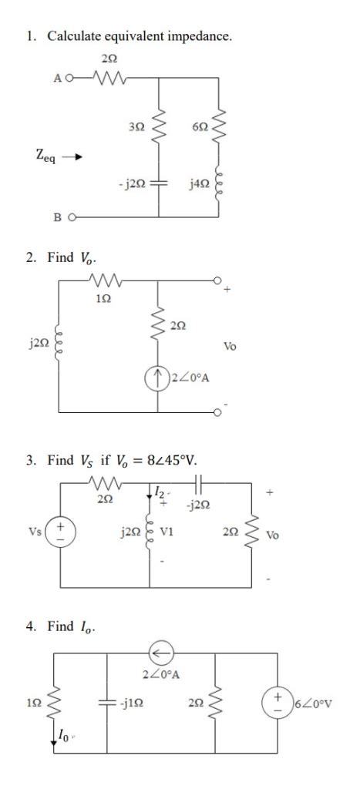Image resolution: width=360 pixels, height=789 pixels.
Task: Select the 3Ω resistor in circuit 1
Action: click(x=161, y=119)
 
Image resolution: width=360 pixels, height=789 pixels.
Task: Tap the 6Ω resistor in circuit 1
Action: click(x=222, y=119)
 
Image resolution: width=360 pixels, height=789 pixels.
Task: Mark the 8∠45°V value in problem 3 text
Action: click(x=167, y=461)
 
